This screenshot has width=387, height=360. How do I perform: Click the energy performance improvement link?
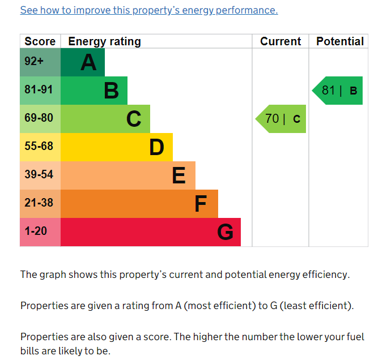(x=149, y=10)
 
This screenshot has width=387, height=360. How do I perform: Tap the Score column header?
(x=40, y=41)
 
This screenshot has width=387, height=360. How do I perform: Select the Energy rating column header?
(x=104, y=41)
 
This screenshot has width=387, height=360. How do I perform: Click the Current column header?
(x=280, y=41)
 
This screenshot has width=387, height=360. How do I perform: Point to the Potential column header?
(x=339, y=41)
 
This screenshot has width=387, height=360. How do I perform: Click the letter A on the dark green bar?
(x=88, y=62)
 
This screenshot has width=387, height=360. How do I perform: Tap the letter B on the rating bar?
(x=111, y=91)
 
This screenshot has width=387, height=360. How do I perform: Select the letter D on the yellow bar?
(x=156, y=147)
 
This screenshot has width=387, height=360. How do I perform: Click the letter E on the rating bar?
(x=178, y=175)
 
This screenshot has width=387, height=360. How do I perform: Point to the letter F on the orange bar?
(x=201, y=204)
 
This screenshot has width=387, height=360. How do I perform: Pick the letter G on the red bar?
(x=225, y=232)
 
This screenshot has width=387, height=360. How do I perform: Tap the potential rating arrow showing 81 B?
(x=338, y=91)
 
